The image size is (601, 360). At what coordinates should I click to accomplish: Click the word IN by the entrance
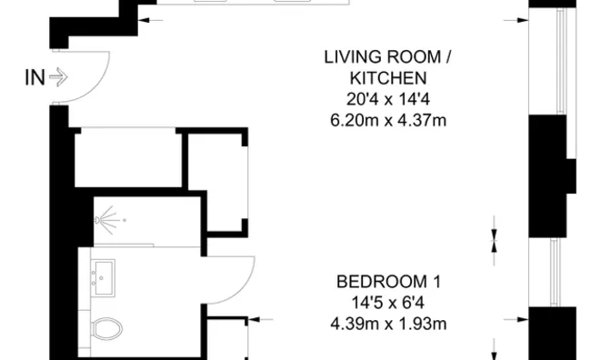(x=35, y=77)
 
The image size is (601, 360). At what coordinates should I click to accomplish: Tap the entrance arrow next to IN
(x=58, y=77)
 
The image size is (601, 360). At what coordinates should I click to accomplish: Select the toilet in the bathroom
(x=106, y=328)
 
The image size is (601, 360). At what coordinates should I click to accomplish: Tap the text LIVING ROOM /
(x=387, y=57)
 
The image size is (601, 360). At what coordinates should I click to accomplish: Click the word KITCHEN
(x=388, y=78)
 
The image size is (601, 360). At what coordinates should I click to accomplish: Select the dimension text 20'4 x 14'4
(x=388, y=99)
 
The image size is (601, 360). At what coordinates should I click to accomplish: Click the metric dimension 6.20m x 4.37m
(x=388, y=120)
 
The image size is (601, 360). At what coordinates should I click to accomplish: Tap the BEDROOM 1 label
(x=388, y=282)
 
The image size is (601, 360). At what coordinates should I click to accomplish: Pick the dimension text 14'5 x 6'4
(x=388, y=303)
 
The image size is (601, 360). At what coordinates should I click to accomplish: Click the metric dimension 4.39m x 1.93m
(x=388, y=324)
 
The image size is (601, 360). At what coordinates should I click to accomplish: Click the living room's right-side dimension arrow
(x=516, y=20)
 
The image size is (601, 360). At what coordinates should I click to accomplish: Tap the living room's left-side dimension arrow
(x=150, y=20)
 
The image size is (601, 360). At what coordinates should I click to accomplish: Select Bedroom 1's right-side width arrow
(x=516, y=319)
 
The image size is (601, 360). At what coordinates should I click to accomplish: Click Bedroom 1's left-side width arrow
(x=261, y=319)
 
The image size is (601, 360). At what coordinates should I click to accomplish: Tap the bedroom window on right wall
(x=555, y=272)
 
